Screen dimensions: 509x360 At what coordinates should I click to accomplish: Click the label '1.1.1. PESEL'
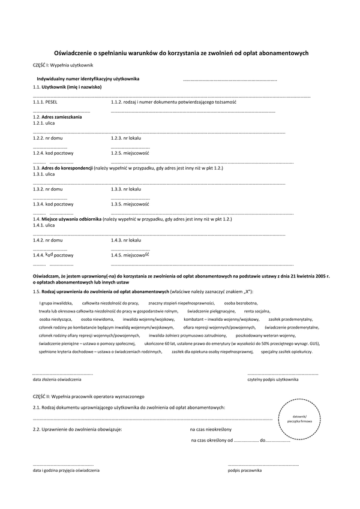pos(45,103)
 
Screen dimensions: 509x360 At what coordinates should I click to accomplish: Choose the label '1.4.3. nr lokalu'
pos(126,240)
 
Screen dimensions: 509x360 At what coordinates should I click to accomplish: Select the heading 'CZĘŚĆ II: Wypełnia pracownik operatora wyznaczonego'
pos(89,396)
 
